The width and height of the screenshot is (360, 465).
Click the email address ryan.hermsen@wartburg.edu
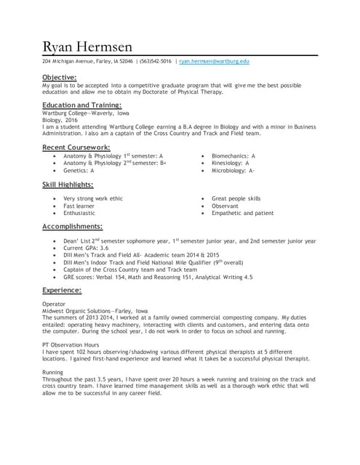[x=214, y=62]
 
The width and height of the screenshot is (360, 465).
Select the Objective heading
[x=59, y=77]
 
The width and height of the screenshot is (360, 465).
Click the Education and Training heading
[x=81, y=105]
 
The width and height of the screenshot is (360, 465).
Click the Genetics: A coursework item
[x=84, y=170]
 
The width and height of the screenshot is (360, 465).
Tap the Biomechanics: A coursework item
[x=233, y=155]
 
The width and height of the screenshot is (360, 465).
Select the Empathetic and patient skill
[x=242, y=213]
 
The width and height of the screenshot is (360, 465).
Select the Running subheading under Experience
[x=54, y=372]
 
